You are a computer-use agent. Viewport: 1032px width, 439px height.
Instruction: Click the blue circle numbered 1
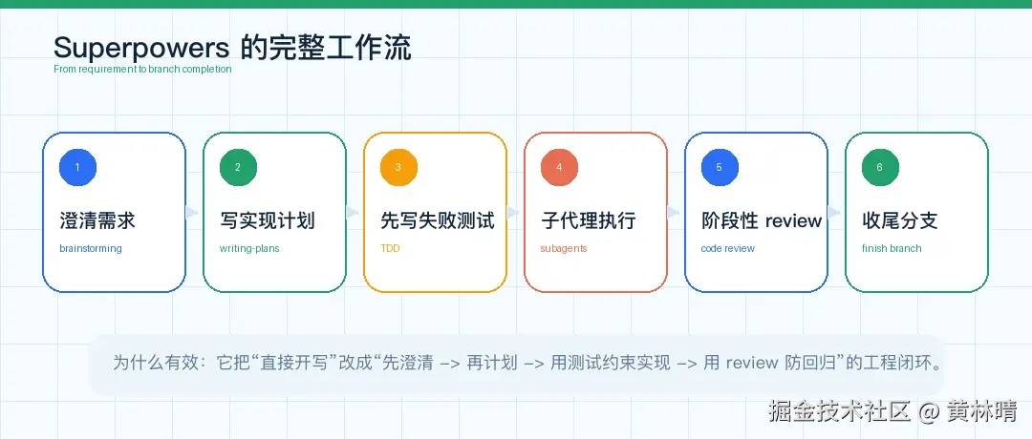77,167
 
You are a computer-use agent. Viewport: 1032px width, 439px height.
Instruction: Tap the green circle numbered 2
238,167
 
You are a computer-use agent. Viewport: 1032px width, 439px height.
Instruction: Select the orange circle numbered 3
398,167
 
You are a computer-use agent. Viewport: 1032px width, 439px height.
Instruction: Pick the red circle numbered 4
559,167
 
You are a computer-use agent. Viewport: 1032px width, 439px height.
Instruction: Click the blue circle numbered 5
720,167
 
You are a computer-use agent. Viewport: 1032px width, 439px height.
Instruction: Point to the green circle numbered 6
880,167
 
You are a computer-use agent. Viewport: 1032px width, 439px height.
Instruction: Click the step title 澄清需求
97,220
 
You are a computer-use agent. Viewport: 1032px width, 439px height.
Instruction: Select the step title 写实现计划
268,220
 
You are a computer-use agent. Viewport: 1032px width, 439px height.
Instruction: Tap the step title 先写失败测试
438,220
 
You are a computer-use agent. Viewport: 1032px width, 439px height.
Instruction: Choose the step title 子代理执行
589,220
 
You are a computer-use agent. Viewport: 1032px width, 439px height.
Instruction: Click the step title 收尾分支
900,220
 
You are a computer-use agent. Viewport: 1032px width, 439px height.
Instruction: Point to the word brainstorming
90,249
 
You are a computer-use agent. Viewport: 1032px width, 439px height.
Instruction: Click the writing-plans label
249,249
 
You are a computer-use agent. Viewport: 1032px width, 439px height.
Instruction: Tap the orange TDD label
390,249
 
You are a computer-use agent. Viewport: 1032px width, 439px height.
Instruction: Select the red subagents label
564,249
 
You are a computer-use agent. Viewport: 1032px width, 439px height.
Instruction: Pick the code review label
728,249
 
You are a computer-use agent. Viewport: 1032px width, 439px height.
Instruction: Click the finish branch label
892,249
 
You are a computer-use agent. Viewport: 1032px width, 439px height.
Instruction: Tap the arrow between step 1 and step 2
192,212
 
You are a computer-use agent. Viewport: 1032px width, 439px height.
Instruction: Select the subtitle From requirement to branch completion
142,69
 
